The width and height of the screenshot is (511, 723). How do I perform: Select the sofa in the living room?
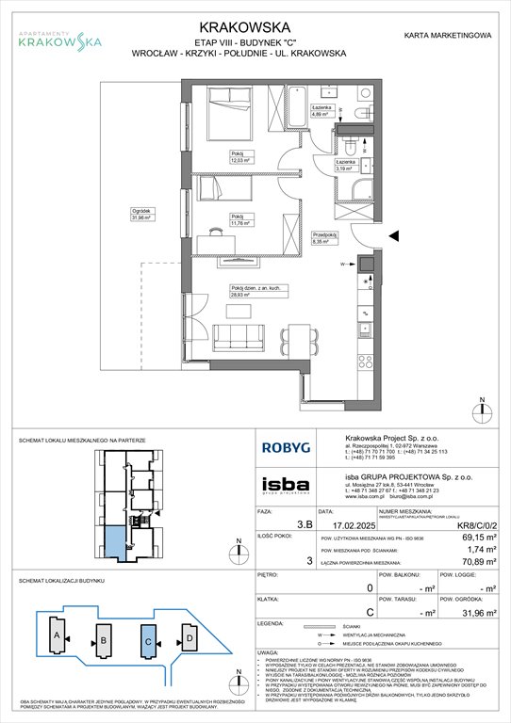click(x=246, y=334)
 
